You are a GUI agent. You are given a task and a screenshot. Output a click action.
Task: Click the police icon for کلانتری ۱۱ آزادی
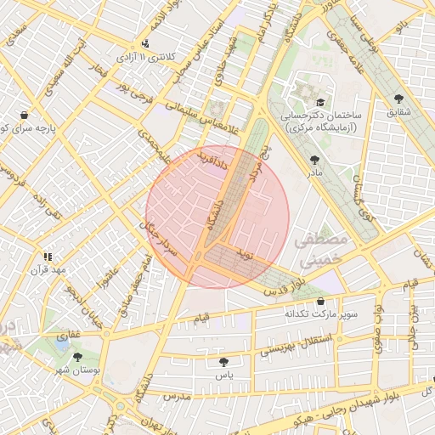(x=146, y=44)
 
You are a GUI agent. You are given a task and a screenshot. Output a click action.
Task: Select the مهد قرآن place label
(x=48, y=270)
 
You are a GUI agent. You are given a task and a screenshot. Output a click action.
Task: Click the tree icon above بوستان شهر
(x=78, y=358)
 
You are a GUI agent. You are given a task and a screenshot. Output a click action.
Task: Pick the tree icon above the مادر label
(x=315, y=159)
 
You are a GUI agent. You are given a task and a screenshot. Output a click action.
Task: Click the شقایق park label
(x=398, y=110)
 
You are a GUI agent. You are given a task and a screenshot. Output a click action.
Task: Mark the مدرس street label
(x=173, y=397)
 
